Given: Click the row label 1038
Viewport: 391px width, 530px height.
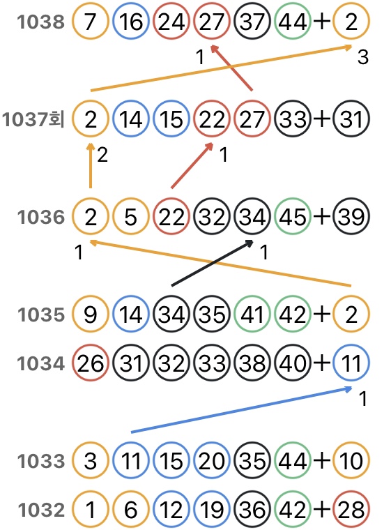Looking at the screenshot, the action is click(x=40, y=22).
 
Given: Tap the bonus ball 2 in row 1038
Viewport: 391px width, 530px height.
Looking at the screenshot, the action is click(x=351, y=22).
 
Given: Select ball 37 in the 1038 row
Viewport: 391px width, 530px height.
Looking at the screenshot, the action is click(x=252, y=22).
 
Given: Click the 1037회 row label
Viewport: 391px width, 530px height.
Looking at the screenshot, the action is click(x=33, y=119).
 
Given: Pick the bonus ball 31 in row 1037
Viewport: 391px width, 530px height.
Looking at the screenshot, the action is click(x=351, y=119).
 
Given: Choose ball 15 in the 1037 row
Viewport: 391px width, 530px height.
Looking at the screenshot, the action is click(x=171, y=119).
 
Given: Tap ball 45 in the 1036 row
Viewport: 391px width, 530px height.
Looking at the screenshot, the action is click(x=293, y=216).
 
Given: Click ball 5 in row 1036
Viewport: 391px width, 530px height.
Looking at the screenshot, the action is click(x=131, y=216).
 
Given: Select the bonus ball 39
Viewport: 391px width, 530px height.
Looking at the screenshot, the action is click(x=351, y=216).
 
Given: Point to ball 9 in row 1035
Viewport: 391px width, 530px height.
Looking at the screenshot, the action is click(x=90, y=314).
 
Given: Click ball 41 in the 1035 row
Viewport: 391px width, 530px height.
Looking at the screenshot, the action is click(x=252, y=314).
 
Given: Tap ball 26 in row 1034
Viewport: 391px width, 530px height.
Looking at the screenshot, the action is click(x=90, y=363).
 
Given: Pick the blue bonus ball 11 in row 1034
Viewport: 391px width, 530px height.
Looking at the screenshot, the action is click(x=351, y=363).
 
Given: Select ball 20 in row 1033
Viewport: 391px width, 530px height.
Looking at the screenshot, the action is click(x=212, y=460).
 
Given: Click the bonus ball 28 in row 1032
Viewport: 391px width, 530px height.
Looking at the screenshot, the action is click(x=351, y=509).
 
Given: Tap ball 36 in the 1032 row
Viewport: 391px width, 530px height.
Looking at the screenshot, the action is click(x=252, y=509).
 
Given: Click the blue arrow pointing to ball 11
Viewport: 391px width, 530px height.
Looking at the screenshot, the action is click(x=241, y=410).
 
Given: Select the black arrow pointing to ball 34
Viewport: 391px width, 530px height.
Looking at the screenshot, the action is click(x=213, y=263).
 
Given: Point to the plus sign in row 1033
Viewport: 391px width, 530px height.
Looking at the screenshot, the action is click(x=322, y=460).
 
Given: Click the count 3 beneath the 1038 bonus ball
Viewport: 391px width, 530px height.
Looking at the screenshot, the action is click(x=362, y=56).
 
